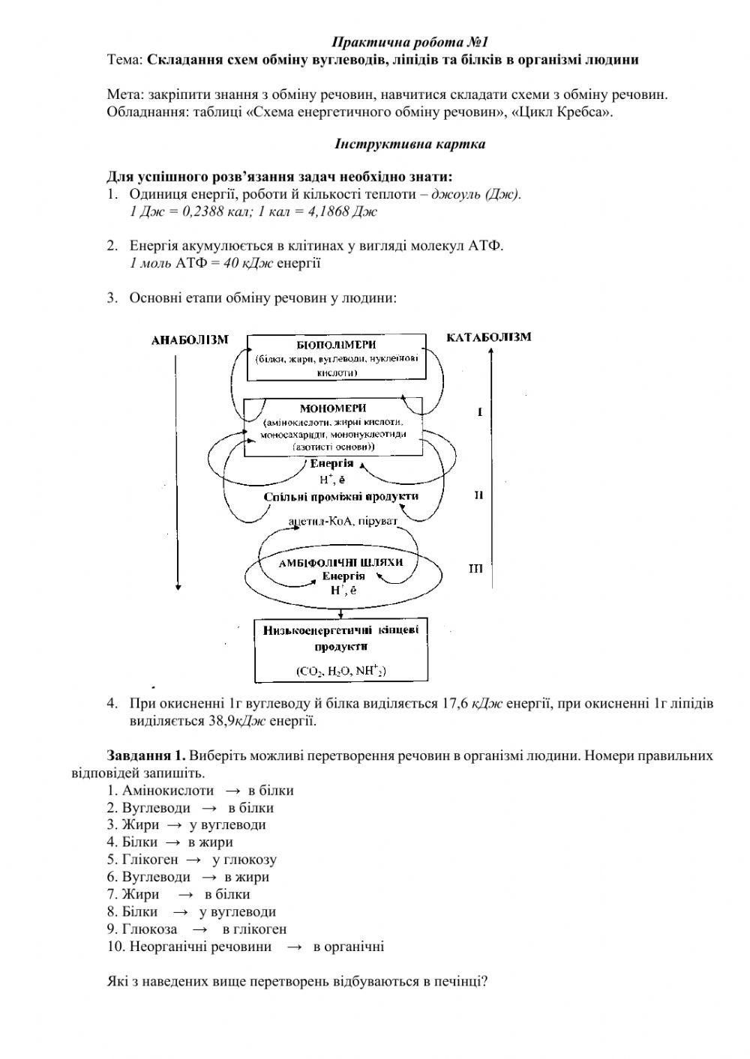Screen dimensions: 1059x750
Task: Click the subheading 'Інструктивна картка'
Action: pyautogui.click(x=409, y=144)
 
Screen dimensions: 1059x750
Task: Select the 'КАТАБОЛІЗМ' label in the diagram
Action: pyautogui.click(x=489, y=337)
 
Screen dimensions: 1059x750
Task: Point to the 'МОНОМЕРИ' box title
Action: pyautogui.click(x=333, y=408)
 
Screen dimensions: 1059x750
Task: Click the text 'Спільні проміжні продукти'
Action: pyautogui.click(x=341, y=496)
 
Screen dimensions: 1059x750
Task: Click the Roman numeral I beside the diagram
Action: pyautogui.click(x=479, y=412)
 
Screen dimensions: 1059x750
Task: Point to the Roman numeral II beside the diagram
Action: pyautogui.click(x=478, y=495)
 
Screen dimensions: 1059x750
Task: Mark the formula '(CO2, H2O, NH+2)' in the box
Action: pyautogui.click(x=341, y=672)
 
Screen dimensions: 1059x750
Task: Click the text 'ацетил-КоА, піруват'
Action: pyautogui.click(x=342, y=519)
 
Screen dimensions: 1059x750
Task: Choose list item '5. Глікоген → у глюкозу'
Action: pyautogui.click(x=192, y=860)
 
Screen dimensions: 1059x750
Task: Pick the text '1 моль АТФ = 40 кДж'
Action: pyautogui.click(x=202, y=263)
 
